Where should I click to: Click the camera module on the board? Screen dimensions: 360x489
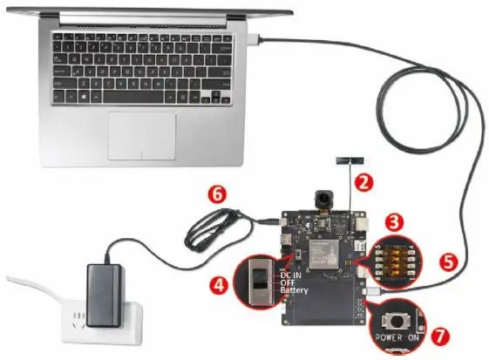[326, 198]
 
